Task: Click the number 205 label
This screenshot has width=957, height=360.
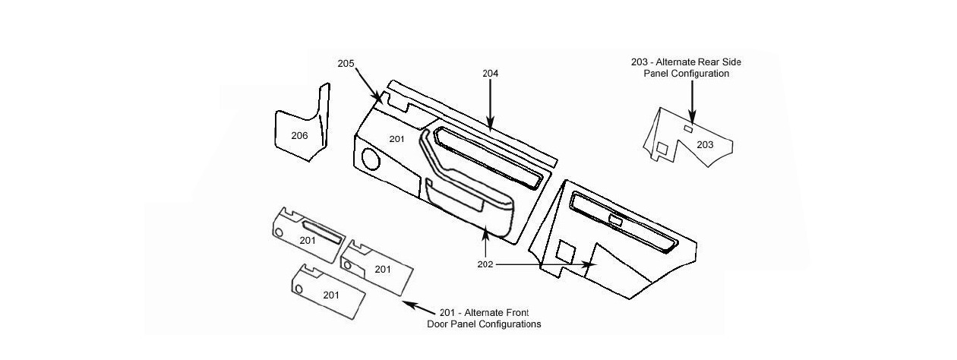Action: pyautogui.click(x=346, y=63)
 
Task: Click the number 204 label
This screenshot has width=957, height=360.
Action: pyautogui.click(x=491, y=74)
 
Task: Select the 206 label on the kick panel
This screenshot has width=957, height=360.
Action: pyautogui.click(x=300, y=135)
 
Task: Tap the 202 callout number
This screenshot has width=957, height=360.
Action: pyautogui.click(x=485, y=264)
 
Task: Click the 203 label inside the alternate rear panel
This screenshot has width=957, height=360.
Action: pyautogui.click(x=705, y=144)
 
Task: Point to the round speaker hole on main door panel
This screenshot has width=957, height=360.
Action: pyautogui.click(x=371, y=160)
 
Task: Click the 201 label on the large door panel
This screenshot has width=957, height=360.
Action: pyautogui.click(x=397, y=138)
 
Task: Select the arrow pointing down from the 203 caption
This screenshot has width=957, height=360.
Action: pyautogui.click(x=692, y=99)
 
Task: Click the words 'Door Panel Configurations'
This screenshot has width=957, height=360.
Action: pyautogui.click(x=484, y=324)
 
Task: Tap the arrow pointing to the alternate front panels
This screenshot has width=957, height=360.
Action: pyautogui.click(x=415, y=308)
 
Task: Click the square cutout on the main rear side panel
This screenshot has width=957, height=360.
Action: pyautogui.click(x=566, y=251)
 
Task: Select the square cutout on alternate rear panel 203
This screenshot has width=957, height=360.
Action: pyautogui.click(x=663, y=150)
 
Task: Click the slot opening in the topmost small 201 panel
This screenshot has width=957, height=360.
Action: pyautogui.click(x=322, y=230)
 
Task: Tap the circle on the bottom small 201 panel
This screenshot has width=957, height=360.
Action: pyautogui.click(x=299, y=289)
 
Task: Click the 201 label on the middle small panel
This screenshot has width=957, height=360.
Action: pyautogui.click(x=383, y=269)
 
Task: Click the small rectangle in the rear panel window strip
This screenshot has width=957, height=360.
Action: pyautogui.click(x=616, y=221)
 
